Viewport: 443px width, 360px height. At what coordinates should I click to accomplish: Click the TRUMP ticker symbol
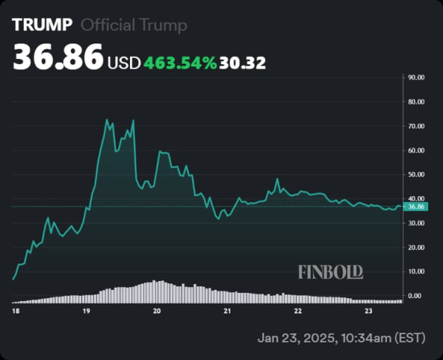(x=42, y=25)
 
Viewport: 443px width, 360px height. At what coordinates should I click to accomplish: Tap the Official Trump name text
(x=134, y=25)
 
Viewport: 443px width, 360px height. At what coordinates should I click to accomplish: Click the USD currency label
(x=124, y=63)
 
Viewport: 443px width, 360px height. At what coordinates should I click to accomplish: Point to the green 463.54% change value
(x=180, y=63)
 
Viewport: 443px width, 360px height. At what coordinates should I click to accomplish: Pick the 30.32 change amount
(x=242, y=63)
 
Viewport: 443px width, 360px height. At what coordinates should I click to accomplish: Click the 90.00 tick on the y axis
(x=416, y=77)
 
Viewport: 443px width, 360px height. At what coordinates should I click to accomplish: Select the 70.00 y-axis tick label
(x=416, y=125)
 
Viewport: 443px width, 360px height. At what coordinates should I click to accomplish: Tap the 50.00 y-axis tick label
(x=416, y=174)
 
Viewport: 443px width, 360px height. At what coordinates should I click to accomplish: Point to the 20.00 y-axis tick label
(x=416, y=247)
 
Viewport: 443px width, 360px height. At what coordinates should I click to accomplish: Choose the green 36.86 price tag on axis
(x=416, y=207)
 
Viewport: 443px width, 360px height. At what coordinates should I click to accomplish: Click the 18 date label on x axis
(x=16, y=312)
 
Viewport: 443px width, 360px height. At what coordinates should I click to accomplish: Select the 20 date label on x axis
(x=157, y=312)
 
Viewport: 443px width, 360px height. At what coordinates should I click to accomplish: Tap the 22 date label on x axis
(x=298, y=312)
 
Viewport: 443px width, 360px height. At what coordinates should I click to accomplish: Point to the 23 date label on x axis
(x=368, y=312)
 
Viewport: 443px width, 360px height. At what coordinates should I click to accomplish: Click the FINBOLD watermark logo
(x=331, y=272)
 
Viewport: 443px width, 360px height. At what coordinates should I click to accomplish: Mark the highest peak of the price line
(x=107, y=120)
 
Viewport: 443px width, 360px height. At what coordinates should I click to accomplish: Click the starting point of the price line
(x=13, y=279)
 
